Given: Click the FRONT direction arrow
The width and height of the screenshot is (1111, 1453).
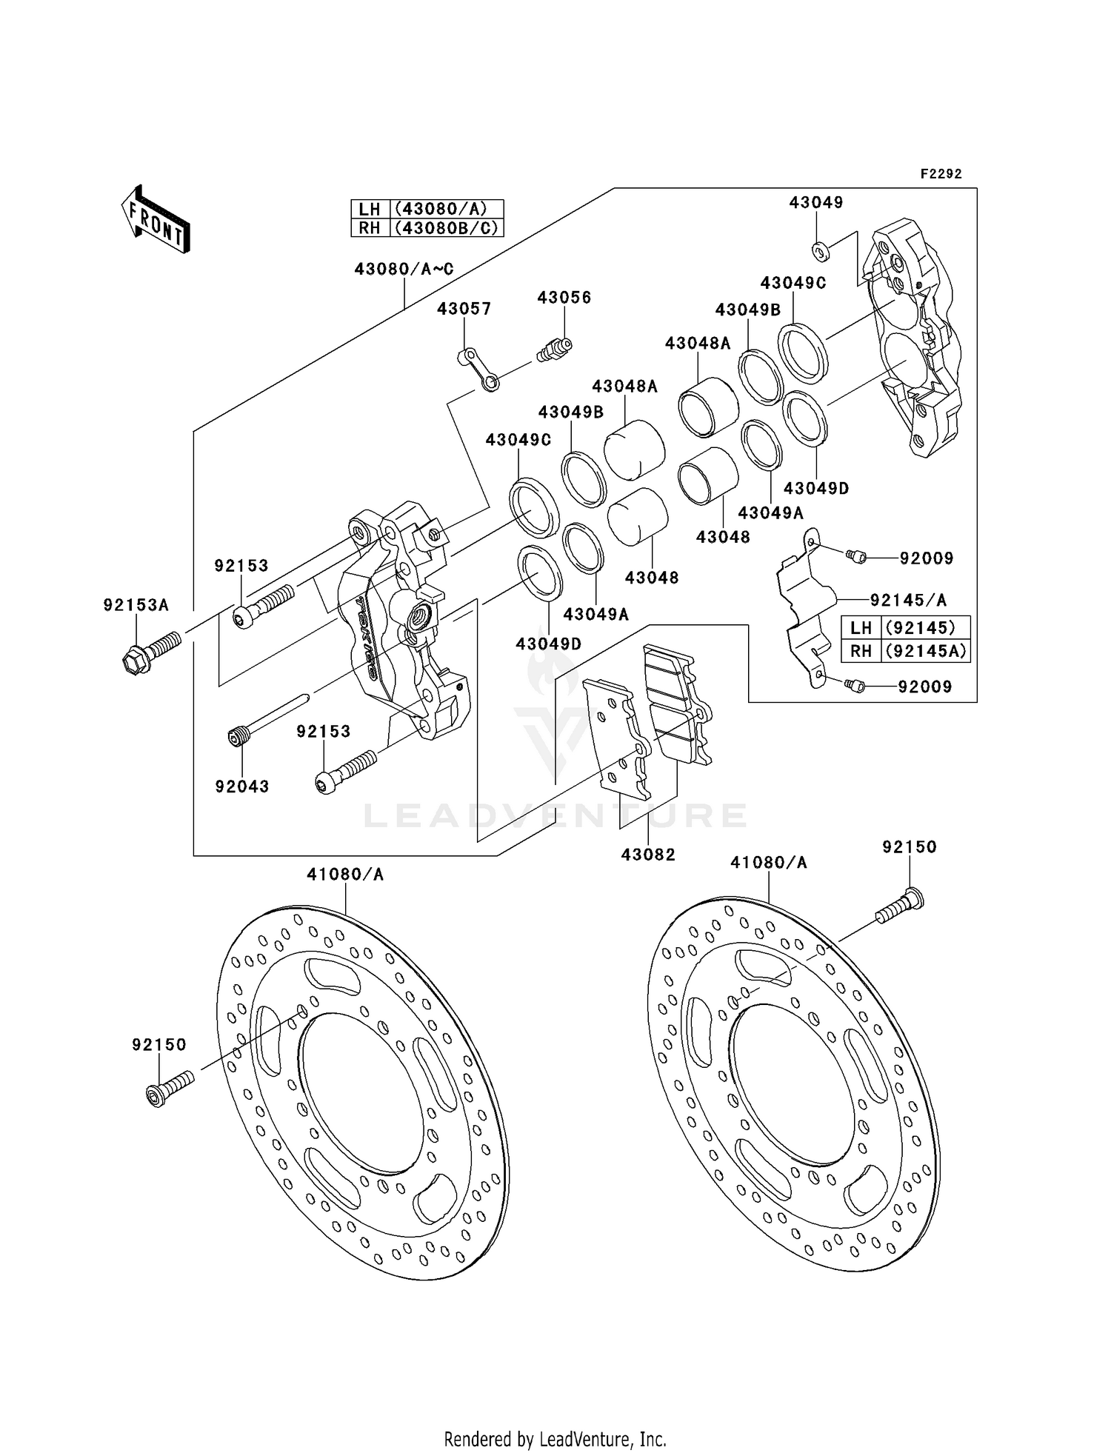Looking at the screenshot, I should tap(156, 221).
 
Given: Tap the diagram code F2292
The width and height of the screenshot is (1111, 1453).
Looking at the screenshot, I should tap(941, 174).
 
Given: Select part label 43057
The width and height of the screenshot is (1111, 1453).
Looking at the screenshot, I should tap(464, 309).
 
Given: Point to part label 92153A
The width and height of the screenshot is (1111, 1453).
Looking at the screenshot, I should tap(136, 605).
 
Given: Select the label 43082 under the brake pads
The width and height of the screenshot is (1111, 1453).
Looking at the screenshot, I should tap(648, 855).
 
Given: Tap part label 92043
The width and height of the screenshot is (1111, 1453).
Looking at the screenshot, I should tap(242, 786).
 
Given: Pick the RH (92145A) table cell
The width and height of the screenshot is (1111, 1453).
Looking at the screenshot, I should tap(906, 651).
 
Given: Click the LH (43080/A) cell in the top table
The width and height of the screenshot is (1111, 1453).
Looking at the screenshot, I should tap(427, 209).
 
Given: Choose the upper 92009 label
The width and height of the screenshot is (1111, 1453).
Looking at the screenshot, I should tap(926, 558).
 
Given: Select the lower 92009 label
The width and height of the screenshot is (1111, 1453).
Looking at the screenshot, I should tap(924, 687).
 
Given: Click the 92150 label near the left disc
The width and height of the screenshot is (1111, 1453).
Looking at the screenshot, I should tap(159, 1045).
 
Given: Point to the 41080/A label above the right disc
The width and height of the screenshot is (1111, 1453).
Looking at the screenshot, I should tap(768, 863).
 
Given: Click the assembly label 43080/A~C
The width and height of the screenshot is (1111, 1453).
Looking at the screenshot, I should tap(404, 270).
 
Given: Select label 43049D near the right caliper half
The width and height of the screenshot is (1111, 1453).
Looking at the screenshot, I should tap(816, 489).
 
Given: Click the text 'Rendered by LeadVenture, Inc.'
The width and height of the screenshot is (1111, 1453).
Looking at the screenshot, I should tap(555, 1439).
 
